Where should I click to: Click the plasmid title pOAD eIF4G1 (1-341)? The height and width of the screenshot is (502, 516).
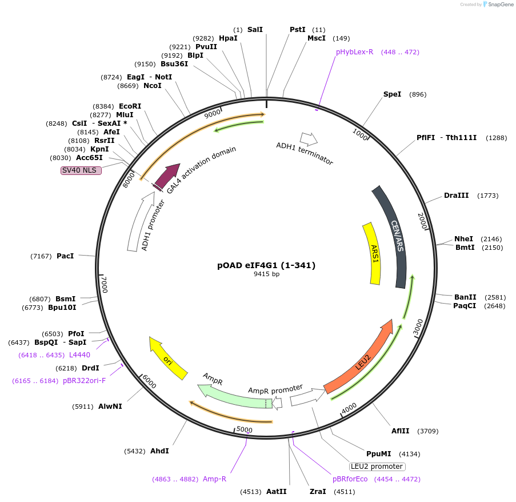tap(266, 265)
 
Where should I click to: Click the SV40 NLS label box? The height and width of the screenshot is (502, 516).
tap(81, 170)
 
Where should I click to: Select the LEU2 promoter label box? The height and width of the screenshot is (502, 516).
tap(377, 466)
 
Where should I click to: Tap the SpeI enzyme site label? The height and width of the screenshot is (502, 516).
tap(392, 94)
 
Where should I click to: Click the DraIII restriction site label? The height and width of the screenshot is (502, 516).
tap(456, 196)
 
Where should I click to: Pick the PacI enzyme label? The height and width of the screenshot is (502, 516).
tap(65, 256)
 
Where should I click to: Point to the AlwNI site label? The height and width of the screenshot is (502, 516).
tap(110, 407)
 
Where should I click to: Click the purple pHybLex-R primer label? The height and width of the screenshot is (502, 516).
tap(354, 52)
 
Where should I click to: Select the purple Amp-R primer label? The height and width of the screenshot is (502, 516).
tap(214, 479)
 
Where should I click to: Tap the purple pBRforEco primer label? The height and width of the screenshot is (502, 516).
tap(350, 479)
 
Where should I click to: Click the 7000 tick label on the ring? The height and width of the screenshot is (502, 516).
tap(103, 284)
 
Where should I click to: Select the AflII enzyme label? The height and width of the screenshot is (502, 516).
tap(400, 431)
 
